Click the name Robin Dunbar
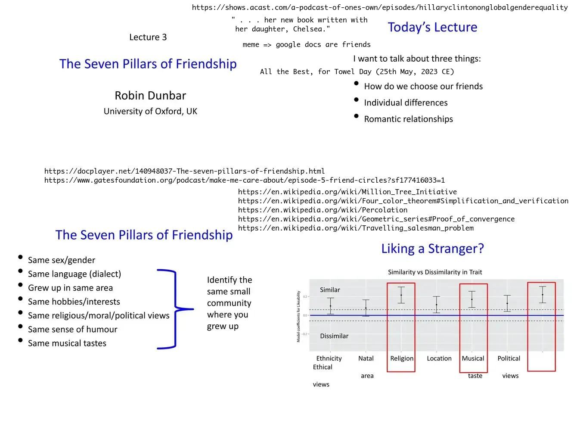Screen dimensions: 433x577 pyautogui.click(x=150, y=95)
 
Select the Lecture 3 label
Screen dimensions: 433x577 pyautogui.click(x=148, y=37)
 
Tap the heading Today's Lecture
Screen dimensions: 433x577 pyautogui.click(x=432, y=27)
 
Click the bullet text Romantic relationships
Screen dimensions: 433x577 pyautogui.click(x=408, y=119)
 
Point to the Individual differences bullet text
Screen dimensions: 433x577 pyautogui.click(x=406, y=103)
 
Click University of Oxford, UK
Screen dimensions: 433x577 pyautogui.click(x=150, y=111)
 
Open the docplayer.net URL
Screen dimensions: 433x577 pyautogui.click(x=184, y=171)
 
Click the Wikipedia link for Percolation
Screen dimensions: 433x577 pyautogui.click(x=323, y=210)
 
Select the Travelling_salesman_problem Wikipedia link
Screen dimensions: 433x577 pyautogui.click(x=356, y=228)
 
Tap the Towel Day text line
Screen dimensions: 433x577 pyautogui.click(x=357, y=72)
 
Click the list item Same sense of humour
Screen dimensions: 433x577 pyautogui.click(x=72, y=329)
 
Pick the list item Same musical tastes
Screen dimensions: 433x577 pyautogui.click(x=67, y=343)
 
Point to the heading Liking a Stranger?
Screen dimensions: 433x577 pyautogui.click(x=432, y=249)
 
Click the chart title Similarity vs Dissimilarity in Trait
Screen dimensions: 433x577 pyautogui.click(x=435, y=272)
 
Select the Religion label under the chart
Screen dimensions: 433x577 pyautogui.click(x=401, y=358)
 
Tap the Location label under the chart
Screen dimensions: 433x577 pyautogui.click(x=439, y=358)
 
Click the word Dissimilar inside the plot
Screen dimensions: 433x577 pyautogui.click(x=334, y=336)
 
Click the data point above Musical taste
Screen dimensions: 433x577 pyautogui.click(x=472, y=299)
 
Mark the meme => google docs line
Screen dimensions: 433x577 pyautogui.click(x=306, y=44)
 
